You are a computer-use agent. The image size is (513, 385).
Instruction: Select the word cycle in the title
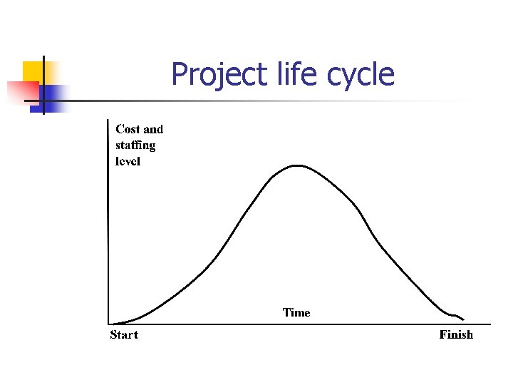click(x=359, y=75)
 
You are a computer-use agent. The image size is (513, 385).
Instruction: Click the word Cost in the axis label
click(x=128, y=129)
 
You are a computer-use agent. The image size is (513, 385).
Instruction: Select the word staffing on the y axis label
click(x=135, y=145)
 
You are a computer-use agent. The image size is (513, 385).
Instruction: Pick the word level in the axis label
click(x=128, y=161)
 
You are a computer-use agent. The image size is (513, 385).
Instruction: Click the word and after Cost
click(x=153, y=129)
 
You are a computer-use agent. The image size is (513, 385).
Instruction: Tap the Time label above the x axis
click(x=296, y=312)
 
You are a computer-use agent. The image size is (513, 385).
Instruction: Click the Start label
click(x=124, y=335)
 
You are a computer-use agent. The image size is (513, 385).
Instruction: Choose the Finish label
click(x=456, y=335)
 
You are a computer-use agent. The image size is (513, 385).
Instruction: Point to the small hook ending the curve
click(x=460, y=317)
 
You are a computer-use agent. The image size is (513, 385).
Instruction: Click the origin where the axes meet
click(x=108, y=324)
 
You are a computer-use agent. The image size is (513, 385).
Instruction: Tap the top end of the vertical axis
click(x=107, y=120)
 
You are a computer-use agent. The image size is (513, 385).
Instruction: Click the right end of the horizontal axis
click(x=472, y=324)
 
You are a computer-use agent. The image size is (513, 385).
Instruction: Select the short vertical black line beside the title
click(x=43, y=85)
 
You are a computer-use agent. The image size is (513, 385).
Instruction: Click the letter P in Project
click(x=180, y=73)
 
